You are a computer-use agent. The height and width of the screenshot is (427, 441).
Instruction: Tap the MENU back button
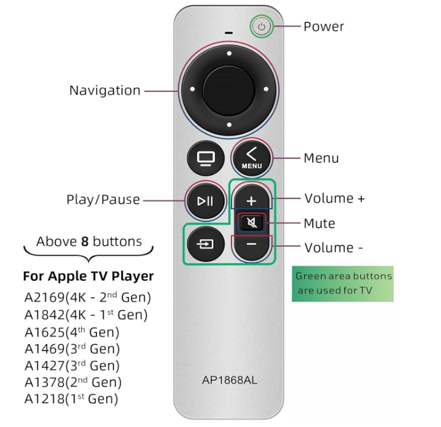click(251, 158)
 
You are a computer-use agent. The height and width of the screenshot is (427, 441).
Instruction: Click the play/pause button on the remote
click(206, 201)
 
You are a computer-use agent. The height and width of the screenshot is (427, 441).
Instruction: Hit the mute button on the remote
click(252, 223)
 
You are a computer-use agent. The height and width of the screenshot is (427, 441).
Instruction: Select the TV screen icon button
click(206, 158)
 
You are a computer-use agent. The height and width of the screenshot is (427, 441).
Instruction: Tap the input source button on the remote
click(206, 244)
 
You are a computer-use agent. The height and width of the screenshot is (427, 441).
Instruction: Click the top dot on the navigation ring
click(229, 53)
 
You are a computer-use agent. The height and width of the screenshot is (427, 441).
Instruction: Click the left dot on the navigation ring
click(192, 89)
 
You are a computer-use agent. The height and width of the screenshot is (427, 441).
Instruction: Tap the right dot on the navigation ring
click(266, 90)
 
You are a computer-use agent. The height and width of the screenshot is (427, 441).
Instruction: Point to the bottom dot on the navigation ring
click(229, 125)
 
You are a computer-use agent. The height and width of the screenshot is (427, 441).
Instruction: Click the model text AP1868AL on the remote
click(230, 380)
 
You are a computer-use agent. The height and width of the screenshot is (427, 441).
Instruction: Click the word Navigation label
click(104, 90)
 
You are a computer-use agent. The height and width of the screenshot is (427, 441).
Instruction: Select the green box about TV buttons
click(343, 283)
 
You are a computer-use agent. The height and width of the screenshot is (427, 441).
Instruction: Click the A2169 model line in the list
click(88, 297)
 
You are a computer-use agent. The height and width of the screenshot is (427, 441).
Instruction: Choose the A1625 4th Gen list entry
click(72, 332)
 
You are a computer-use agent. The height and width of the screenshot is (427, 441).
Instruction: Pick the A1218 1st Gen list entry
click(71, 399)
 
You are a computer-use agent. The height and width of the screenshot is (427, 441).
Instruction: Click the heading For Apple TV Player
click(88, 276)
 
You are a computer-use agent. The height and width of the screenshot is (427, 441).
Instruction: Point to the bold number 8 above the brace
click(85, 242)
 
